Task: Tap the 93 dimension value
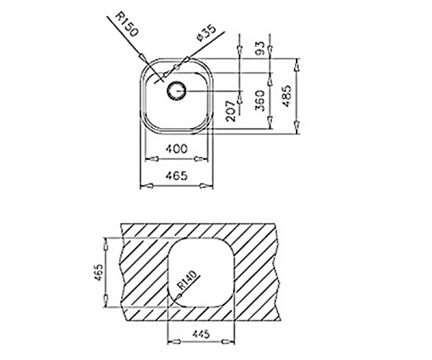261,48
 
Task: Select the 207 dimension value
231,111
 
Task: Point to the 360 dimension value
260,101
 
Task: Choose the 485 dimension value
287,96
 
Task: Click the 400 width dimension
177,149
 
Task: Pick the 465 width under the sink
177,176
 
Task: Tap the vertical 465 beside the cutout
99,272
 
